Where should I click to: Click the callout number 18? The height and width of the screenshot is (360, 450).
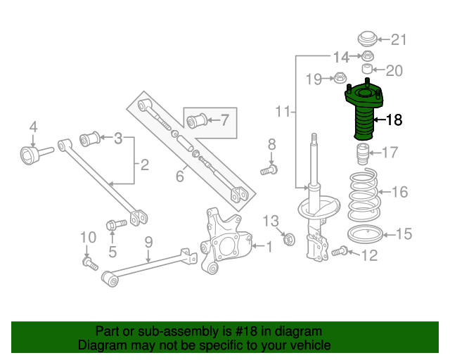394,120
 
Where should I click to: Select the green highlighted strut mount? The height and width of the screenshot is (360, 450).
364,110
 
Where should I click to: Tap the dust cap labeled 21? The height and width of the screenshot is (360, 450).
367,39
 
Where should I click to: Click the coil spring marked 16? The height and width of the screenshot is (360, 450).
363,195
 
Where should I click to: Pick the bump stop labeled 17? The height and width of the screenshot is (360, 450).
363,154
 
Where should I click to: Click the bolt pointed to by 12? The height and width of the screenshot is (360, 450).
340,251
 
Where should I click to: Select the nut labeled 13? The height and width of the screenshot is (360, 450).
289,240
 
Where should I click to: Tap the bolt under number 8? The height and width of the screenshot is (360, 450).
269,170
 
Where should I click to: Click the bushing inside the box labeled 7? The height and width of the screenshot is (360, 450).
197,120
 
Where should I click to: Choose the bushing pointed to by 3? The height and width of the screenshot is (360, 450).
89,139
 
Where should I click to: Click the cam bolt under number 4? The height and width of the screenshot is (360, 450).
37,154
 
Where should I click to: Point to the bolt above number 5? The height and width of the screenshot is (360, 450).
116,224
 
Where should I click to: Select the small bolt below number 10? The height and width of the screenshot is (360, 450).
90,264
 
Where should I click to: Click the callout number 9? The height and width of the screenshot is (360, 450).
148,243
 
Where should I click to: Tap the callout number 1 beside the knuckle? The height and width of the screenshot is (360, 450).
269,247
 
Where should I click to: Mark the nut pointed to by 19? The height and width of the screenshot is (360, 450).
340,78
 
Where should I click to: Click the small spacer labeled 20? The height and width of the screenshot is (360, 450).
367,69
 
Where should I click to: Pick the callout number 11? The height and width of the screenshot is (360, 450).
283,111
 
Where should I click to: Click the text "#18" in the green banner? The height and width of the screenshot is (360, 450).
246,332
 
